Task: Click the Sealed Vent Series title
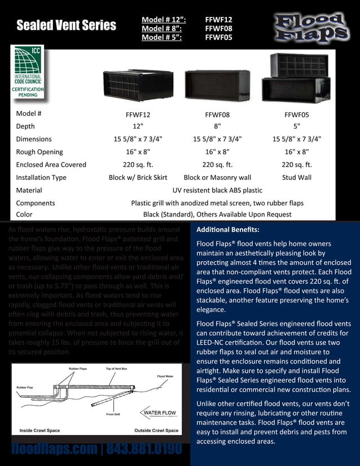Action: pyautogui.click(x=66, y=25)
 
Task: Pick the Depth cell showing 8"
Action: pyautogui.click(x=217, y=126)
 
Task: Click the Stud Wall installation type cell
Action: pyautogui.click(x=296, y=177)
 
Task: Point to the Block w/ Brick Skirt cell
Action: pyautogui.click(x=138, y=177)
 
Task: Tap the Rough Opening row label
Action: pyautogui.click(x=39, y=152)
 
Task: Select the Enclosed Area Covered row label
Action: pyautogui.click(x=51, y=165)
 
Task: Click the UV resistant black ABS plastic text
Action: pyautogui.click(x=217, y=190)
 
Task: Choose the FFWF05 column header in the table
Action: pyautogui.click(x=296, y=113)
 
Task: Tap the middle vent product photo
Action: pyautogui.click(x=217, y=85)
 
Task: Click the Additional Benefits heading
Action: pyautogui.click(x=227, y=230)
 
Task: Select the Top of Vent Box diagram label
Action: pyautogui.click(x=117, y=368)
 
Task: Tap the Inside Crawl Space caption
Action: pyautogui.click(x=39, y=430)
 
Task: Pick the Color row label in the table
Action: pyautogui.click(x=24, y=214)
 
